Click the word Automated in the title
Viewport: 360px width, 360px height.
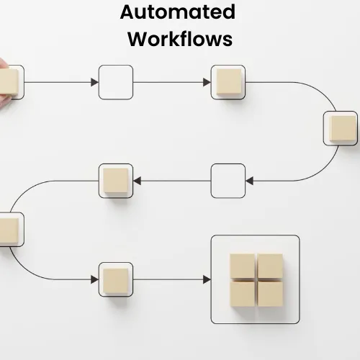178,12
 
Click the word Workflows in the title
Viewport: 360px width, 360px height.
180,39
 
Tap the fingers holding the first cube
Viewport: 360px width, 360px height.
4,84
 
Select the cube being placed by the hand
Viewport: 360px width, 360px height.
9,82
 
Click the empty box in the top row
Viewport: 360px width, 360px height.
116,82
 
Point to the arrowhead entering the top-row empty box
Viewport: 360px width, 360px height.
94,82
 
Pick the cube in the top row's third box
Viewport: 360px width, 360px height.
229,82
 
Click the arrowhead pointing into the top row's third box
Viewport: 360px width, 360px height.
207,82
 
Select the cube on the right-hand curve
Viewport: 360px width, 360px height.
343,129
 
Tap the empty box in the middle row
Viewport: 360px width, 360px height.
228,181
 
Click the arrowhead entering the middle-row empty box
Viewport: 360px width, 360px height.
249,181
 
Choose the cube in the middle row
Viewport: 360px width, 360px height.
116,181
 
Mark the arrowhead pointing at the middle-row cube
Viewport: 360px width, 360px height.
137,181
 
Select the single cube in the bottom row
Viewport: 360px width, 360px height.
116,282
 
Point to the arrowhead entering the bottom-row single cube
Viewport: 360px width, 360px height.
94,279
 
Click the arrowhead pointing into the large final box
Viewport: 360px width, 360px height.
207,279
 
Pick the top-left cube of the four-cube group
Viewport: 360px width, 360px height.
243,266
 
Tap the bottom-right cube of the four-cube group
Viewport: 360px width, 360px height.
270,294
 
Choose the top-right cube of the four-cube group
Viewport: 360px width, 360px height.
270,266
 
